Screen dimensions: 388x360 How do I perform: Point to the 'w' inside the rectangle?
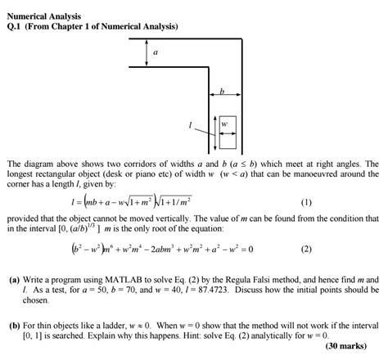pyautogui.click(x=222, y=125)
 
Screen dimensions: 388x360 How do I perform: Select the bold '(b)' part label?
pyautogui.click(x=15, y=325)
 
